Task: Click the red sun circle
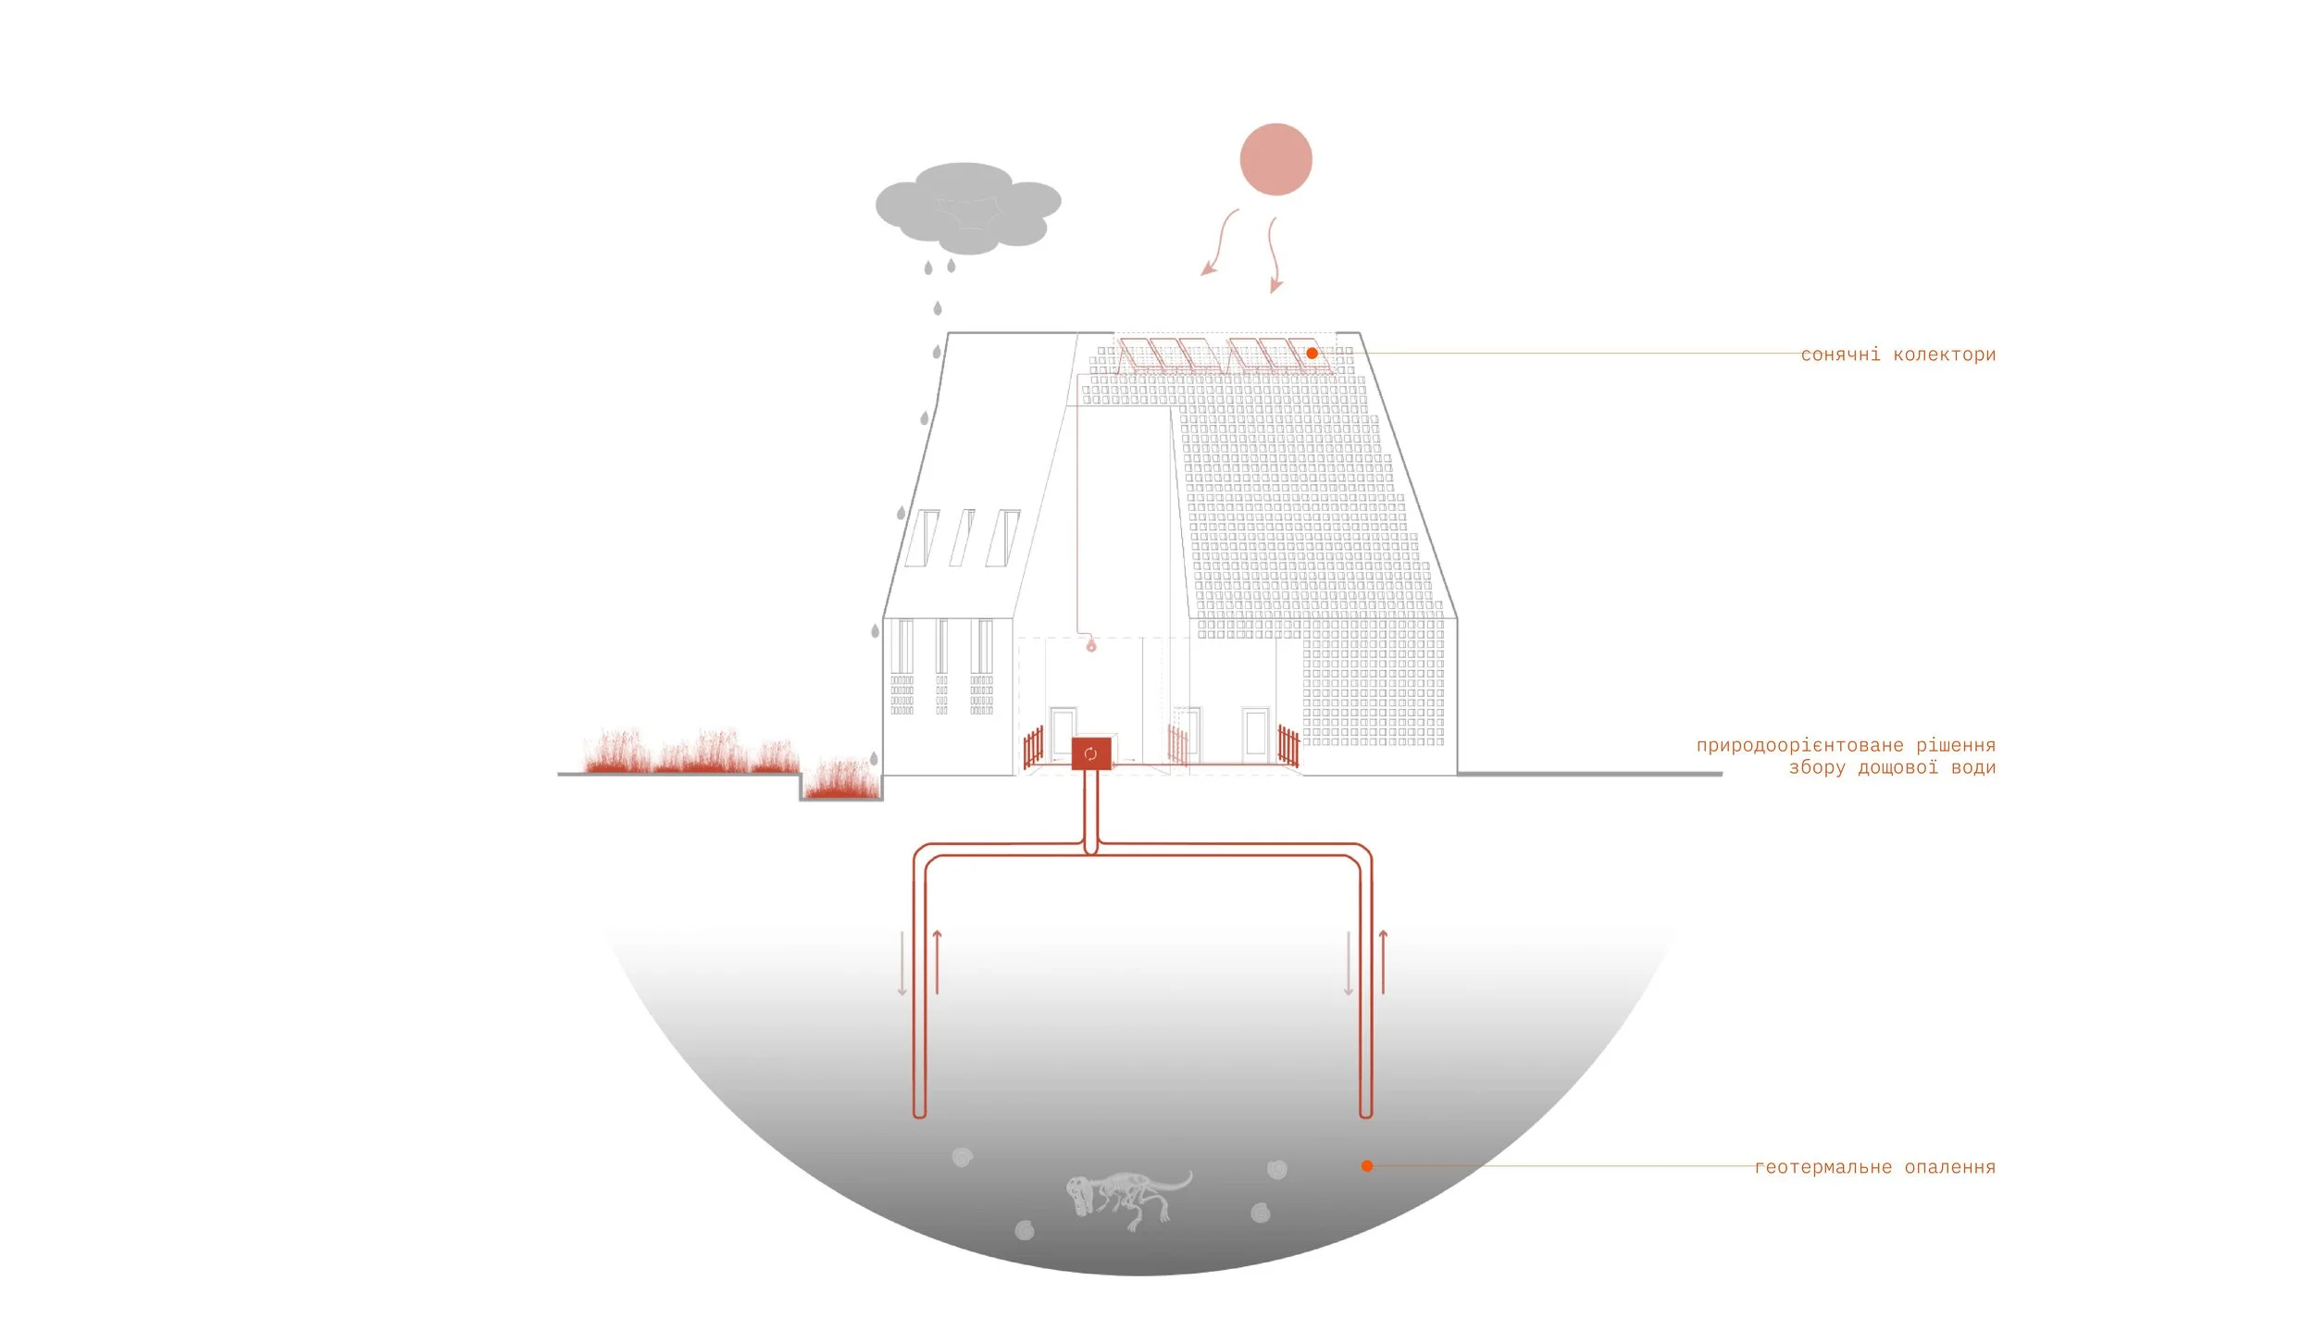(1275, 159)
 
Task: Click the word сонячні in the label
(1840, 354)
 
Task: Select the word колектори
(1944, 354)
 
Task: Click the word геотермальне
(1823, 1167)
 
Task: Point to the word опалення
(1949, 1167)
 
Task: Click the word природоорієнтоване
(1799, 745)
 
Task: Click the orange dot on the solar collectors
(1312, 354)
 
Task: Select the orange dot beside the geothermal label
(1366, 1166)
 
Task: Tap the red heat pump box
(1090, 753)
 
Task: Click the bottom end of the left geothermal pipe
(919, 1113)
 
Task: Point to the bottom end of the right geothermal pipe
(1365, 1113)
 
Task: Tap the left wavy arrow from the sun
(1219, 242)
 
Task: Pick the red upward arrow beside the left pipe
(938, 963)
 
